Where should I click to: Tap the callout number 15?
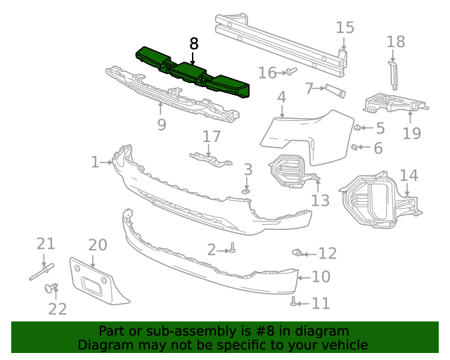pos(345,28)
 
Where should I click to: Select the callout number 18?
pos(396,41)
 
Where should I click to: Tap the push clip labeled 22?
pos(51,288)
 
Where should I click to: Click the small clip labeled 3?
pos(247,189)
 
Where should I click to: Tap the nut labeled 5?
pos(358,128)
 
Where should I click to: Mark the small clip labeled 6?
pos(355,147)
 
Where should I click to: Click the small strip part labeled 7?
pos(335,89)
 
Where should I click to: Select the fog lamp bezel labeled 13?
pos(292,172)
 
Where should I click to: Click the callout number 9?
pos(162,125)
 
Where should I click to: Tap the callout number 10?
pos(321,277)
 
